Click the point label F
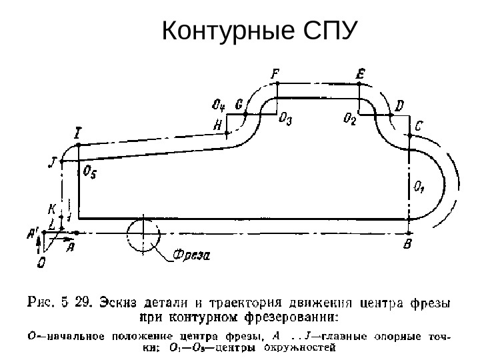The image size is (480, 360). [276, 73]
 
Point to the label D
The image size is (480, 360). [399, 105]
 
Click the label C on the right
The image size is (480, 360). [418, 125]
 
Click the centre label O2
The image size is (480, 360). [350, 119]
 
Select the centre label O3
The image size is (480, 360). [285, 118]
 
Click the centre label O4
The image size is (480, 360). [218, 105]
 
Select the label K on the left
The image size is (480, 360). [52, 208]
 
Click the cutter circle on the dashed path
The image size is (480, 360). [142, 234]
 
